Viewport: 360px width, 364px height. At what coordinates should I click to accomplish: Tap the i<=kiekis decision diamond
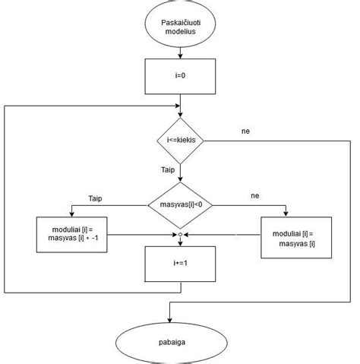click(180, 141)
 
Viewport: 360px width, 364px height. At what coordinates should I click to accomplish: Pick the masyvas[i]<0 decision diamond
click(180, 204)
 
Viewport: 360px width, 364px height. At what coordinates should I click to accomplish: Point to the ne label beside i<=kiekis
click(245, 131)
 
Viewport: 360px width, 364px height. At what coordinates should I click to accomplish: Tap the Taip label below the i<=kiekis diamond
click(170, 171)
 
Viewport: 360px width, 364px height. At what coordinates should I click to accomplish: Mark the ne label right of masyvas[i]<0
click(256, 196)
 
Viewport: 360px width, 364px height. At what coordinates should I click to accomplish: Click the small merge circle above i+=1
click(180, 235)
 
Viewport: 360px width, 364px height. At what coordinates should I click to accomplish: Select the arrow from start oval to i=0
click(180, 53)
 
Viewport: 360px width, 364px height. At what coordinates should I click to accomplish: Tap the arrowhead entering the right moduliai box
click(287, 215)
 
